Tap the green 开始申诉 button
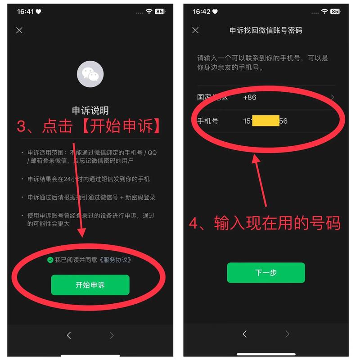90,285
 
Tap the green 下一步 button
265,273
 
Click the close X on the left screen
19,30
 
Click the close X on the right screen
195,30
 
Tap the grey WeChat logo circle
90,74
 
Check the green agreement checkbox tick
50,260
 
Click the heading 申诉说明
90,111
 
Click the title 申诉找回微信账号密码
265,30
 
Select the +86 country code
249,97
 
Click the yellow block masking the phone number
265,121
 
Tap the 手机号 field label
208,121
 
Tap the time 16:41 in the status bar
25,11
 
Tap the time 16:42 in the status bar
201,11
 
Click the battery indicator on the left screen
159,11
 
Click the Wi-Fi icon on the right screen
324,11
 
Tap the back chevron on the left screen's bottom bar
69,335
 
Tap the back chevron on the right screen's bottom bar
244,334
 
